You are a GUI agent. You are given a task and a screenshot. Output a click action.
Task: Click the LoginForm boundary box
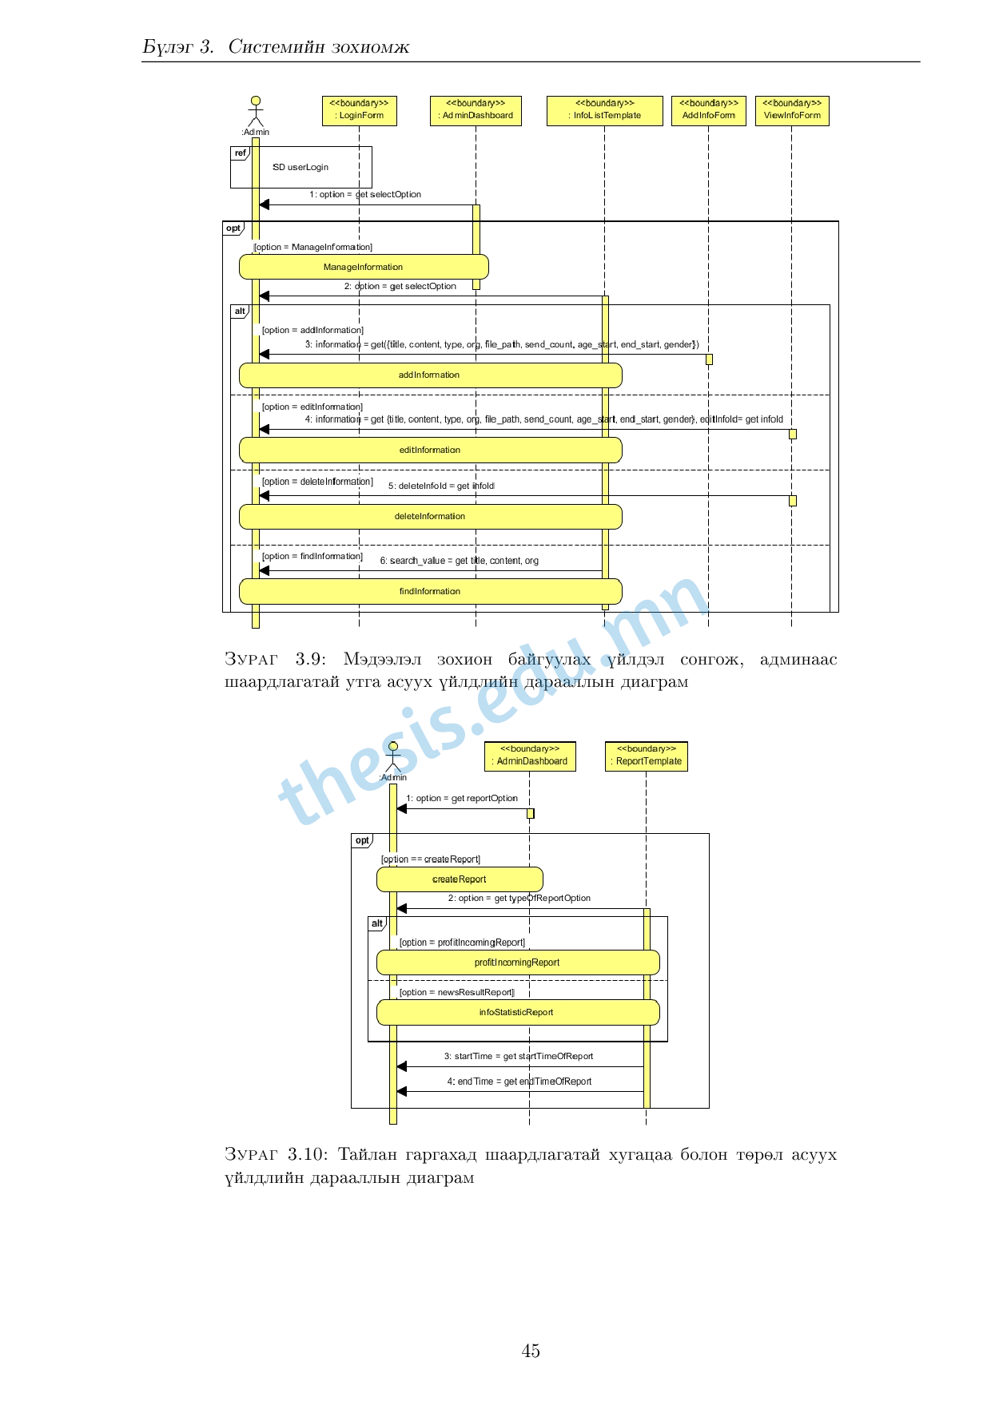(359, 110)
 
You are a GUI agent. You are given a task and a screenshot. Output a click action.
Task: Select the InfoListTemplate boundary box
(604, 110)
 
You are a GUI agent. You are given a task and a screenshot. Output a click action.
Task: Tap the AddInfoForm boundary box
(708, 110)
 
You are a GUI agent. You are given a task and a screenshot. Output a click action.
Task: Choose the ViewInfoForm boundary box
(791, 110)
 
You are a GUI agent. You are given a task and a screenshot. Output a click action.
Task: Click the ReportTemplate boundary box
(646, 756)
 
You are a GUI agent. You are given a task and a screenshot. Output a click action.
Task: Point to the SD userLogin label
(300, 167)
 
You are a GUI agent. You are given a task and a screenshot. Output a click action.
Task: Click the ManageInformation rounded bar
(364, 267)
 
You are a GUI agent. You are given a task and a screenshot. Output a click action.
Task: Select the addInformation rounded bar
(430, 375)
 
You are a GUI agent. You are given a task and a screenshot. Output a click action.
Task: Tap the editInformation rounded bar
(430, 450)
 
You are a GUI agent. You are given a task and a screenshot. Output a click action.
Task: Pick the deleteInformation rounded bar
(430, 516)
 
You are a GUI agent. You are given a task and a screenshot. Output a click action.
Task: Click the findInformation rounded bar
(430, 591)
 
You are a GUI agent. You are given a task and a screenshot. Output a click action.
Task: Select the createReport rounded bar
(460, 879)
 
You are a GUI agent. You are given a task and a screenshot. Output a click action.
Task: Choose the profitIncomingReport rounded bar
(517, 962)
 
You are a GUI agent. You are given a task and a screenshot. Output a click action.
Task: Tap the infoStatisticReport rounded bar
(517, 1012)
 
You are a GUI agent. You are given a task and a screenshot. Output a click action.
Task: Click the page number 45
(531, 1351)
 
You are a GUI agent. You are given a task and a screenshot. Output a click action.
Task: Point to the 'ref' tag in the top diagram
(241, 153)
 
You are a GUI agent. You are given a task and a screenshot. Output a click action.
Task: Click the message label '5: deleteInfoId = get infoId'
(441, 486)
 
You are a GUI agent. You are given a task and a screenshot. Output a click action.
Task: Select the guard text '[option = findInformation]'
(312, 556)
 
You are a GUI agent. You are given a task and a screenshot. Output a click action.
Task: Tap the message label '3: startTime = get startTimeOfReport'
(519, 1056)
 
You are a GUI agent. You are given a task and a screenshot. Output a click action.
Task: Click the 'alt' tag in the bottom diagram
(376, 923)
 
